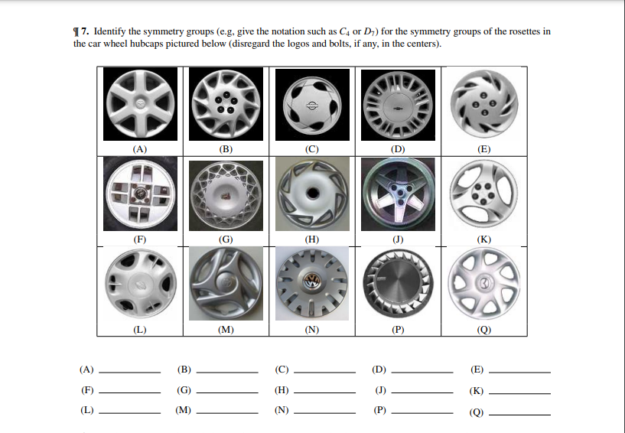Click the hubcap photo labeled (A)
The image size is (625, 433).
point(140,104)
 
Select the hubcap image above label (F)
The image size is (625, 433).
point(140,194)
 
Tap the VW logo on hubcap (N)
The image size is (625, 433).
point(311,282)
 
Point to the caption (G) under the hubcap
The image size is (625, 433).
point(226,239)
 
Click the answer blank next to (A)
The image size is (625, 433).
point(129,373)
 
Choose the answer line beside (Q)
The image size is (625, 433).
point(519,415)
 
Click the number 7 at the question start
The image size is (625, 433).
point(83,31)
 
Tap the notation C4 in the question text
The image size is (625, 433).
point(344,31)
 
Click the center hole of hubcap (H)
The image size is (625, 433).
point(312,194)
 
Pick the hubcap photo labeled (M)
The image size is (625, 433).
point(226,284)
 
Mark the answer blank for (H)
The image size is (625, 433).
point(324,392)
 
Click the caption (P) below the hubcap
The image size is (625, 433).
point(398,330)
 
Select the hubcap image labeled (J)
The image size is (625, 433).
point(398,194)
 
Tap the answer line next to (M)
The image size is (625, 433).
point(227,412)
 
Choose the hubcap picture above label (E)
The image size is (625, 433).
point(484,105)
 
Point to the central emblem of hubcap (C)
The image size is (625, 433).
point(312,106)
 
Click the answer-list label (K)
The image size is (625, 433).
point(477,391)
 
